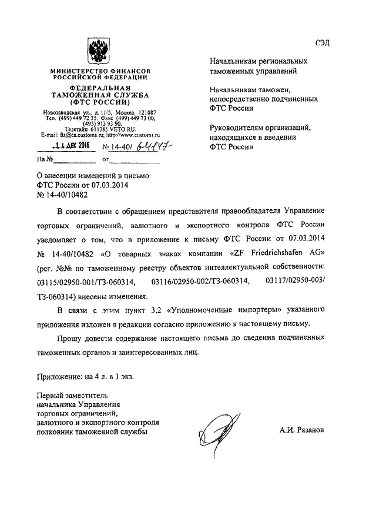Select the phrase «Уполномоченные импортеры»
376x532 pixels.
(x=219, y=310)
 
